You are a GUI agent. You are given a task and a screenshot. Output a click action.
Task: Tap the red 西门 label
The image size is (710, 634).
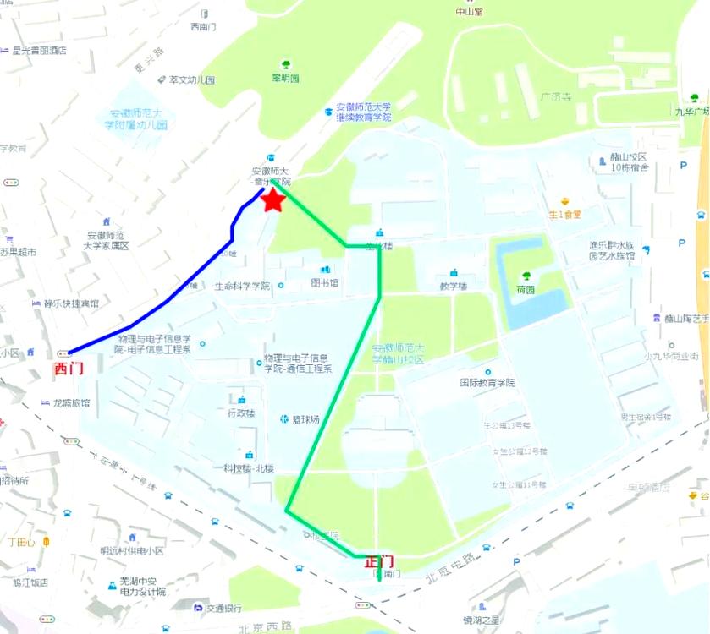tap(69, 369)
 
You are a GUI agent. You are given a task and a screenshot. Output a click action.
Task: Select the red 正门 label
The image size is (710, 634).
tap(378, 561)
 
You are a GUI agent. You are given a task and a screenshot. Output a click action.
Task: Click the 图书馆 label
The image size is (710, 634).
tap(324, 282)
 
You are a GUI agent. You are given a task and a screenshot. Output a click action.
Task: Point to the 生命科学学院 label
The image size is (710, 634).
tap(242, 286)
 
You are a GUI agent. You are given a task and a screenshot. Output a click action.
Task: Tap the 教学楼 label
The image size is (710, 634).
tap(453, 286)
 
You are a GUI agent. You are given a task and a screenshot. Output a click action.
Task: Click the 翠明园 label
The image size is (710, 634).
tap(285, 78)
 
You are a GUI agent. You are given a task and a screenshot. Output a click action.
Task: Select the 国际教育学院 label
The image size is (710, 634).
tap(487, 382)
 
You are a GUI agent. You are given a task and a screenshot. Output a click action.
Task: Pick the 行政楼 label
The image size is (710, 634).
tap(241, 413)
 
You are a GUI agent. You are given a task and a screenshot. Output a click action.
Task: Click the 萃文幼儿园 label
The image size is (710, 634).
tap(192, 80)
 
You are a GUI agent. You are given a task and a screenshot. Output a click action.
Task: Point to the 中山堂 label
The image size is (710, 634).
tap(468, 12)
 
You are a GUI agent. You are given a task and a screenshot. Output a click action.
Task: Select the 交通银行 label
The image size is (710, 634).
tap(223, 607)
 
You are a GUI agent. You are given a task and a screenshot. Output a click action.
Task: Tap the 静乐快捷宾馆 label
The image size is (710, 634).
tap(71, 303)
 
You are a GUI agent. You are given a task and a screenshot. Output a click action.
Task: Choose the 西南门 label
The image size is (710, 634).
tap(204, 27)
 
